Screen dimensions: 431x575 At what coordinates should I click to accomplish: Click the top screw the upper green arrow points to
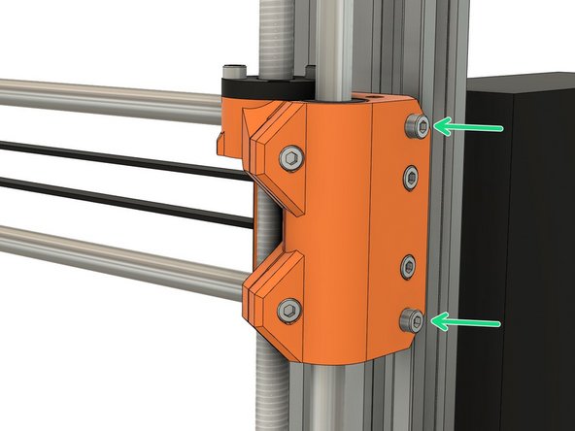click(x=416, y=124)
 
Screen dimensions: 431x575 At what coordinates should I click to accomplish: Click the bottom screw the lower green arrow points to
click(x=415, y=320)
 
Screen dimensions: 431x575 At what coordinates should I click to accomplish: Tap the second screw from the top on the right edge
click(x=412, y=177)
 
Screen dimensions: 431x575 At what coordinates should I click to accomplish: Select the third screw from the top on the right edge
click(x=410, y=264)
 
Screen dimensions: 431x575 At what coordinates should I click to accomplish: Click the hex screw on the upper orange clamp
click(x=288, y=156)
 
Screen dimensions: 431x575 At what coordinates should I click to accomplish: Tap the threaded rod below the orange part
click(x=272, y=388)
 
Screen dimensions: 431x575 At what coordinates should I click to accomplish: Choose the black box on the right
click(x=520, y=243)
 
